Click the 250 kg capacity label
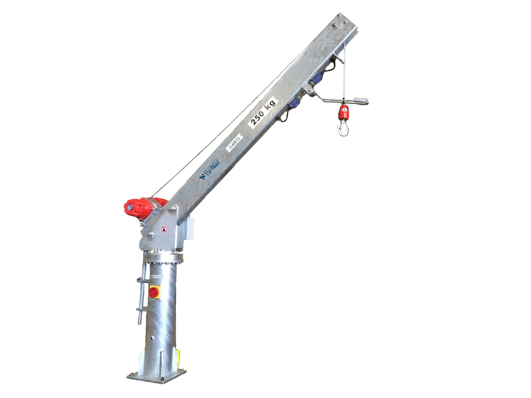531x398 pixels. point(262,112)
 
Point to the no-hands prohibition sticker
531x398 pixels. point(164,229)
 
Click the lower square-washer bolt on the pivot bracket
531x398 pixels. point(150,234)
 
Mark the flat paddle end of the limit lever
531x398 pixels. point(361,99)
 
